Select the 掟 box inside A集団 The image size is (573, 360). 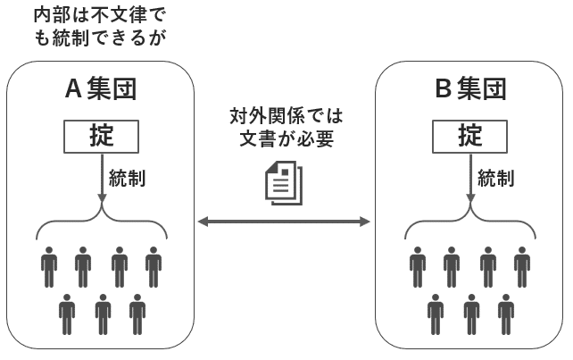tap(102, 136)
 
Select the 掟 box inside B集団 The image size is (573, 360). tap(470, 136)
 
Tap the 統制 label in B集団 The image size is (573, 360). tap(495, 177)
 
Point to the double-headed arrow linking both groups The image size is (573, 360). tap(285, 221)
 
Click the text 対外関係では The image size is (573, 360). tap(286, 116)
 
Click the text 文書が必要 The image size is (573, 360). tap(286, 139)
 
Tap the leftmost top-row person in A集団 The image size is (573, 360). tap(49, 264)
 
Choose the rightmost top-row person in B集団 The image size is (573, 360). tap(522, 264)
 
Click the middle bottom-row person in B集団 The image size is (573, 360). tap(471, 312)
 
